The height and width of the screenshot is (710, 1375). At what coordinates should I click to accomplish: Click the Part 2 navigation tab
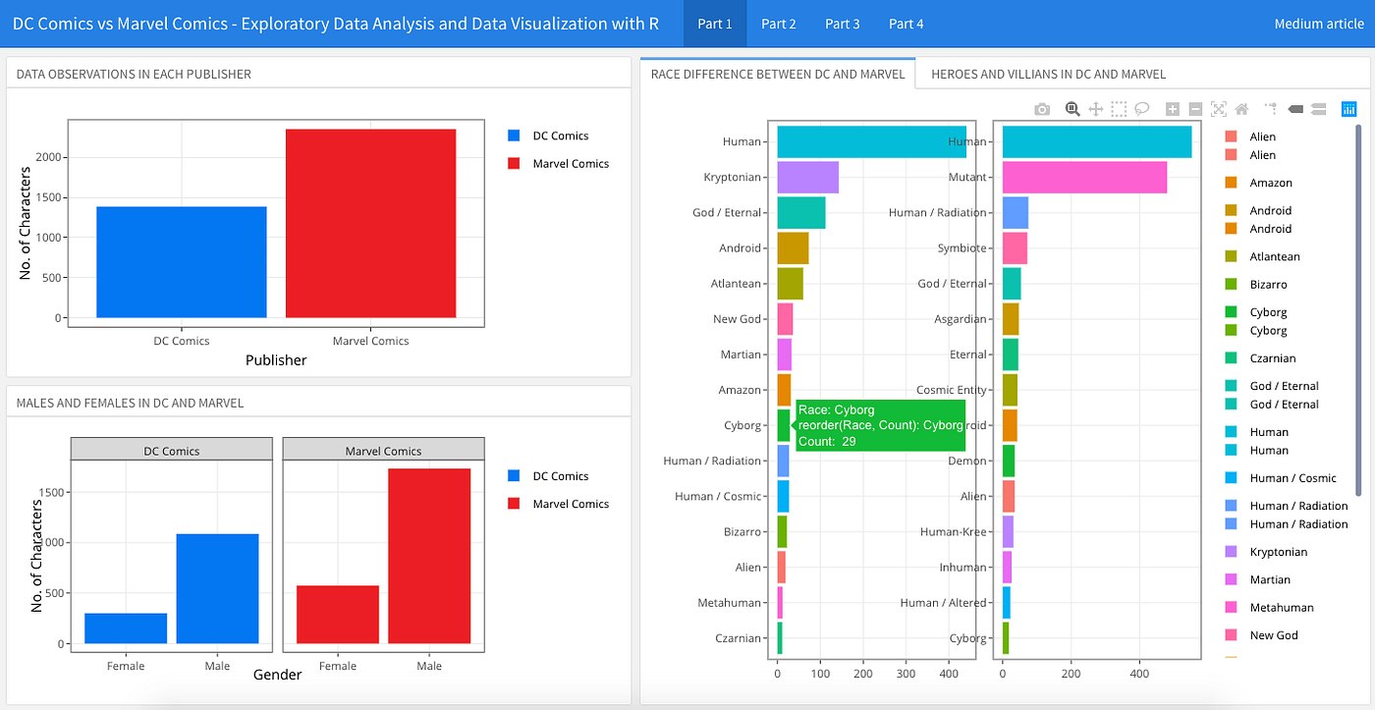point(778,24)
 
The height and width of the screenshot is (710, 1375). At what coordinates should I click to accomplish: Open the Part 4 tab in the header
point(906,24)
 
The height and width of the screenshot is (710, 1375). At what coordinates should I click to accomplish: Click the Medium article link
point(1318,24)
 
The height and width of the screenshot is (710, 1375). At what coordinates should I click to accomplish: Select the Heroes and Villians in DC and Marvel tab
point(1048,75)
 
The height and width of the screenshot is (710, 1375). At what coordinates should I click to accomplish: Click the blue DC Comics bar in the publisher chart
point(182,262)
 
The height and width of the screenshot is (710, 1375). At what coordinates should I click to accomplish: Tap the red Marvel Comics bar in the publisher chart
point(371,223)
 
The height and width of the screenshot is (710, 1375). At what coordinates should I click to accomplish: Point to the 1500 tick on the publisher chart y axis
point(48,197)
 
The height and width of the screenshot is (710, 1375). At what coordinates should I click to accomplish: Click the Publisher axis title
point(276,360)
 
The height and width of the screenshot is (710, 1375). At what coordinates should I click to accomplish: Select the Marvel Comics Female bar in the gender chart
point(338,615)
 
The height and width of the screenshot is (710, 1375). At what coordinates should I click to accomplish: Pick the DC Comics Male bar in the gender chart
point(217,588)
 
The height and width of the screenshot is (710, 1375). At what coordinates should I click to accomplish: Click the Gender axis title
point(277,675)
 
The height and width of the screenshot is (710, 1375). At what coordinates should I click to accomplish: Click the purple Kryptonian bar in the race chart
point(807,178)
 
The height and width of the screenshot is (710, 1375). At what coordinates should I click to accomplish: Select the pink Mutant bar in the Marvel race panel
point(1084,178)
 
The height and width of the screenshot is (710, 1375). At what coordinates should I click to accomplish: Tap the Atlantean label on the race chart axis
point(736,284)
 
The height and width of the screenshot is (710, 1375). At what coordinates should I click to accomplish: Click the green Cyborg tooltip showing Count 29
point(880,425)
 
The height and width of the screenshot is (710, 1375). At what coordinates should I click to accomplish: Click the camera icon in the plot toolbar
point(1042,109)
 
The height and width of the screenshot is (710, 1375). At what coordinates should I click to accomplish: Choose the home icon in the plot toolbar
point(1241,109)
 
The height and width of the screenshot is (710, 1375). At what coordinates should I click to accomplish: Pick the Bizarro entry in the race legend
point(1268,284)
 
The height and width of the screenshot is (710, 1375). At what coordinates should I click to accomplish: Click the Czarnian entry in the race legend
point(1273,358)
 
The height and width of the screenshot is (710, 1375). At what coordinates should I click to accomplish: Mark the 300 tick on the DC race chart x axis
point(906,674)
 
